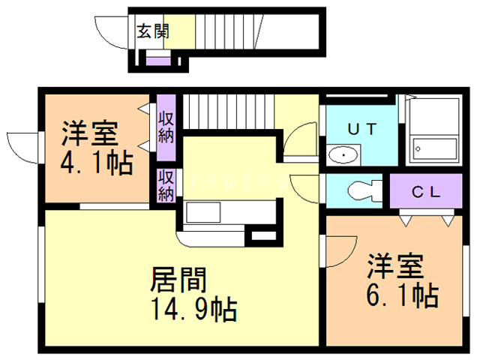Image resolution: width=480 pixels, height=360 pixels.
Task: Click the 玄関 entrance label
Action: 153,31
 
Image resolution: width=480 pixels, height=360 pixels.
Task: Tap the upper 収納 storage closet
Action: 166,126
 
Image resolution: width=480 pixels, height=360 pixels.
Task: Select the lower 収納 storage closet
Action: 166,185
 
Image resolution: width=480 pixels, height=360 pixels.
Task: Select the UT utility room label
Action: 361,128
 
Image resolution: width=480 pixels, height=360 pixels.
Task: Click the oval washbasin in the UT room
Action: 343,156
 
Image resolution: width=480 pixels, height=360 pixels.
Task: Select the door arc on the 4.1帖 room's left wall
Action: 20,145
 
